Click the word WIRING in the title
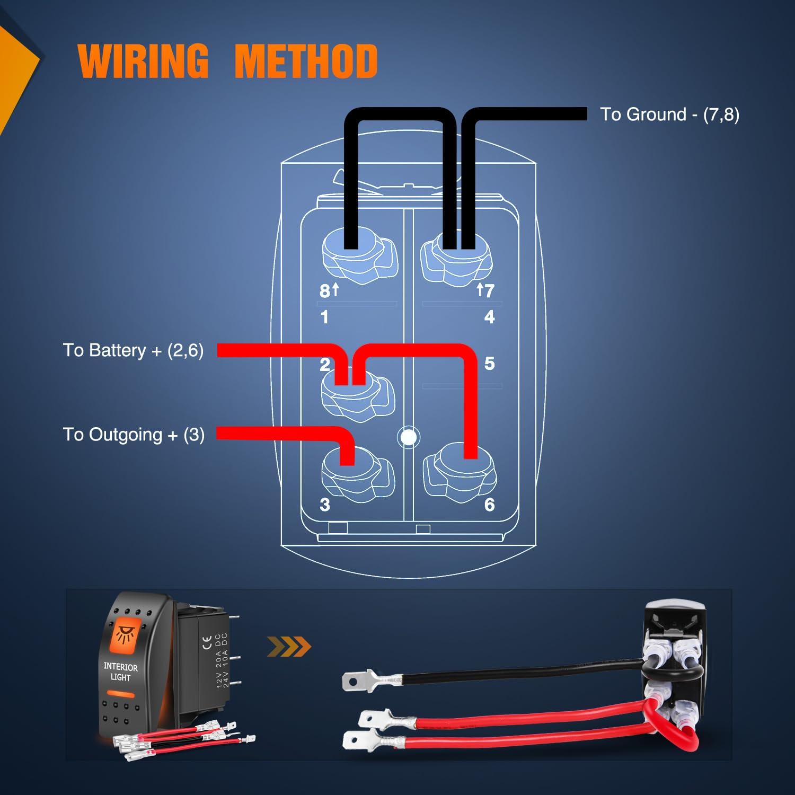[x=143, y=60]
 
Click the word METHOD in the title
[x=306, y=60]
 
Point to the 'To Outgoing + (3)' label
[x=134, y=435]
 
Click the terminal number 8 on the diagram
[x=324, y=291]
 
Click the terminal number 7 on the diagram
[x=489, y=290]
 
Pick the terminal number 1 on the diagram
[x=324, y=317]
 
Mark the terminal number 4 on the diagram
[x=489, y=317]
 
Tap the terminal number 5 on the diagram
[x=489, y=364]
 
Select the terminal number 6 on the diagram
[x=489, y=505]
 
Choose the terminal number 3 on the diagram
[x=325, y=505]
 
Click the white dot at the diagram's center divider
[x=408, y=437]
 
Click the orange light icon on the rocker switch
[x=125, y=634]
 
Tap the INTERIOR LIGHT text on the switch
[x=120, y=672]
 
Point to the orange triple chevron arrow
[x=289, y=646]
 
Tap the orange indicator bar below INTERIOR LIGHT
[x=120, y=694]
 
